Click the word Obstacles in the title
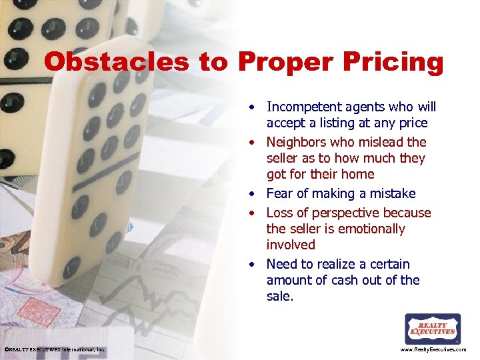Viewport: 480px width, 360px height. pyautogui.click(x=116, y=62)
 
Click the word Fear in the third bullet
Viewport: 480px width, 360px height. pyautogui.click(x=279, y=193)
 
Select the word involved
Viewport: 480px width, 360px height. pyautogui.click(x=291, y=245)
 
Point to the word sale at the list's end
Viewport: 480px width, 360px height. pyautogui.click(x=278, y=296)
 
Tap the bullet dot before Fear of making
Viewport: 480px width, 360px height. pyautogui.click(x=254, y=194)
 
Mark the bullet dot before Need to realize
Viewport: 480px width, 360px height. pyautogui.click(x=254, y=265)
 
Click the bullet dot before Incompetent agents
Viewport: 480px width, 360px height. pyautogui.click(x=254, y=107)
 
